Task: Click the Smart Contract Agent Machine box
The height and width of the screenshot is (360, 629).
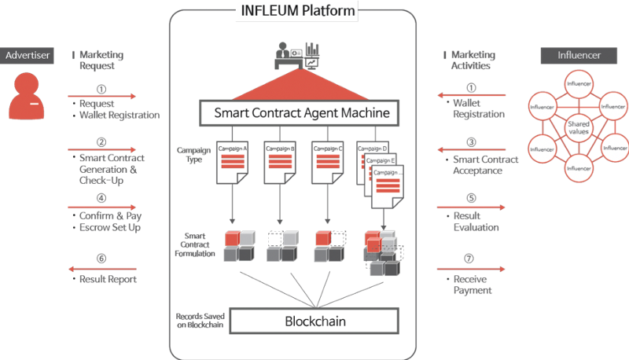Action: pyautogui.click(x=302, y=113)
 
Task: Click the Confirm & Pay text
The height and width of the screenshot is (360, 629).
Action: pyautogui.click(x=111, y=216)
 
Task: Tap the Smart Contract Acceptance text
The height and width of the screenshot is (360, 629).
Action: pyautogui.click(x=486, y=165)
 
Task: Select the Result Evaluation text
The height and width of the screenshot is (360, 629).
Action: pyautogui.click(x=476, y=222)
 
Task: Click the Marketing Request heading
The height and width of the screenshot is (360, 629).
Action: pyautogui.click(x=101, y=61)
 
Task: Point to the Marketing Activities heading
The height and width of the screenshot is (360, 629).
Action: pyautogui.click(x=473, y=61)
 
